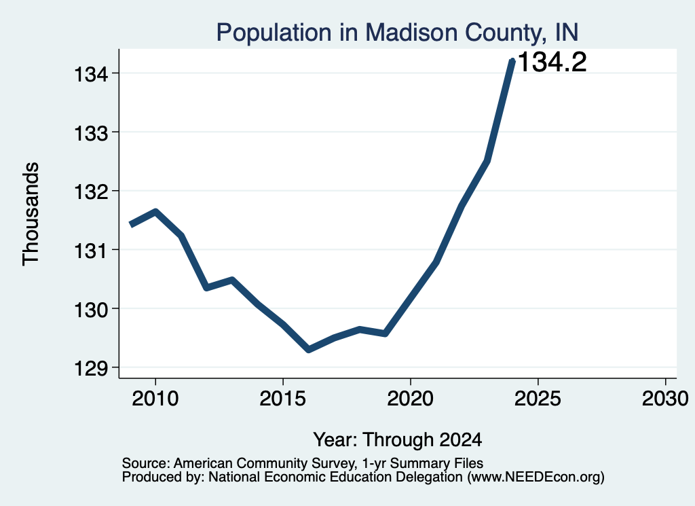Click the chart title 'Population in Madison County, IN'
397,33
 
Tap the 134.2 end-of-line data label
552,62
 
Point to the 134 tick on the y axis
91,73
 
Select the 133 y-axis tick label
91,132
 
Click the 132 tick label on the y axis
91,192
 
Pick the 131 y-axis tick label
91,251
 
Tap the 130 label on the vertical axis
91,310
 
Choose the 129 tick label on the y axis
91,368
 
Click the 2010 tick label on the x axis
155,398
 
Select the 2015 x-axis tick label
283,398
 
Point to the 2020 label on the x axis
411,398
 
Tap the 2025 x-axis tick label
538,398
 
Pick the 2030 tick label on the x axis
665,398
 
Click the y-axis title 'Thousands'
31,214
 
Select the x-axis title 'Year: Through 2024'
398,439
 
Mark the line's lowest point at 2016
309,350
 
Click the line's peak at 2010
155,211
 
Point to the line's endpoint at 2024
512,61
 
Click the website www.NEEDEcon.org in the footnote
535,477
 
